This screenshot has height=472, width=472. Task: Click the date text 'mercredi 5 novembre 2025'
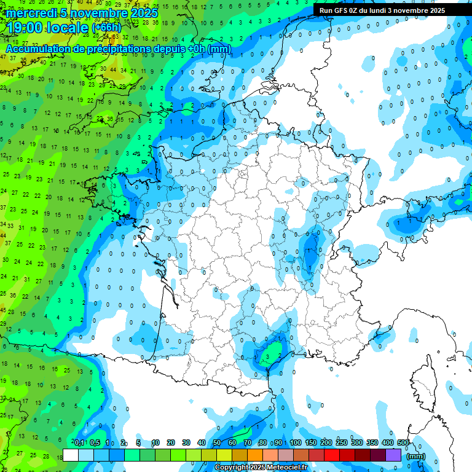[82, 13]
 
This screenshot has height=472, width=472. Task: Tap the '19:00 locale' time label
[46, 28]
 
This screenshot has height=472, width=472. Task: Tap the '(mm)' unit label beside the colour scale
[416, 456]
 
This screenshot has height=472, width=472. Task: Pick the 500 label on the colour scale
[403, 442]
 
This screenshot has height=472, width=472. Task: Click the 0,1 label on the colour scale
[79, 442]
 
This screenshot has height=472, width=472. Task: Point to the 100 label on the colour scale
[296, 442]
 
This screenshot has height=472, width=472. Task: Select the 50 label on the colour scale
[217, 442]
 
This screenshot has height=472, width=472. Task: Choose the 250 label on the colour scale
[342, 442]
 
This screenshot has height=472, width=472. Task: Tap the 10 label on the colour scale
[155, 442]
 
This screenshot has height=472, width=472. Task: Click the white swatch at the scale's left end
[71, 455]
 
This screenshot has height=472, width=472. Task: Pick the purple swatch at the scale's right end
[393, 455]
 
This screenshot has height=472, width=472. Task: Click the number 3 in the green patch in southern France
[267, 355]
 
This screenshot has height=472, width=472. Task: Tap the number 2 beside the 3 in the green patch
[280, 355]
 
